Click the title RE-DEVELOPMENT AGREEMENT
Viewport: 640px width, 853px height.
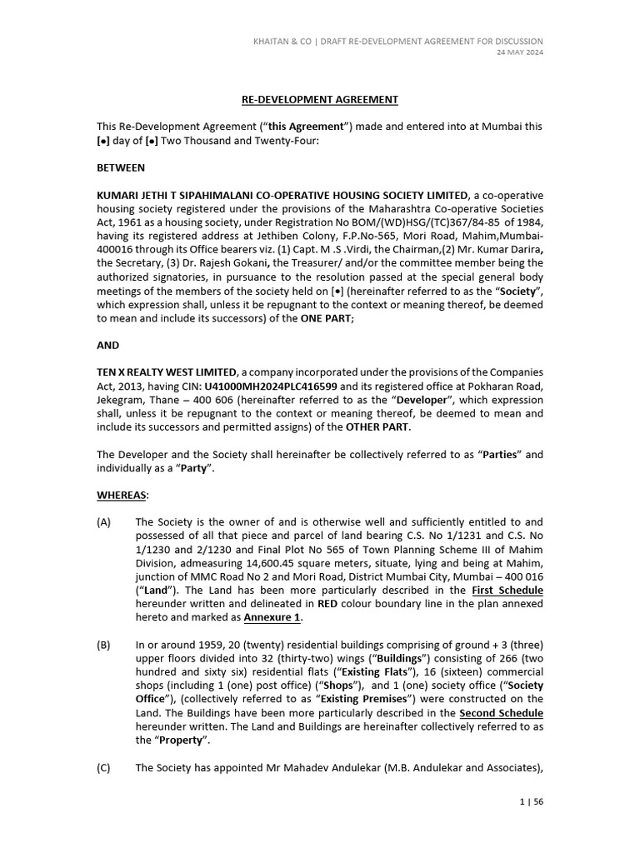coord(320,100)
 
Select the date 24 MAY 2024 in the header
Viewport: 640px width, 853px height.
coord(520,52)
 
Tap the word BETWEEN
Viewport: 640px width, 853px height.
coord(121,167)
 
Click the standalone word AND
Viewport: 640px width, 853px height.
coord(108,345)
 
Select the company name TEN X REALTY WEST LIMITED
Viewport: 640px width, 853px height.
coord(167,372)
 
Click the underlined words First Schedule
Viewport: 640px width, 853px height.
coord(507,590)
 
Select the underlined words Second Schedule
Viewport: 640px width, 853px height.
coord(501,713)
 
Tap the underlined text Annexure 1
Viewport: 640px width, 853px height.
coord(271,617)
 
